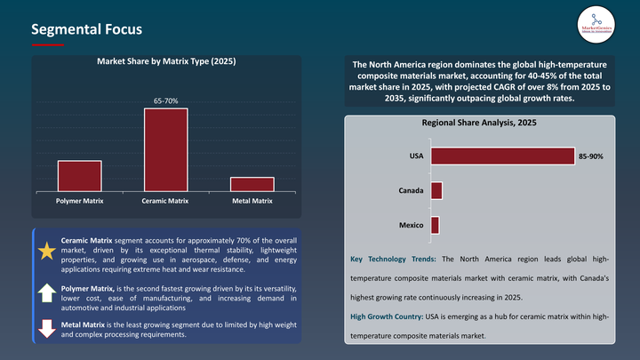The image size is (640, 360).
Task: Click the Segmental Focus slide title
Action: [86, 29]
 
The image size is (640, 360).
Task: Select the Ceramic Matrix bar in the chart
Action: [166, 148]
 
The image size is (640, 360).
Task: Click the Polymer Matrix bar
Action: [80, 175]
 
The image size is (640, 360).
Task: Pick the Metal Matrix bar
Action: [252, 183]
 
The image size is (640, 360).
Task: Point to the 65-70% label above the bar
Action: [166, 101]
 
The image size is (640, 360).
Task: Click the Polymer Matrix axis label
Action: [80, 201]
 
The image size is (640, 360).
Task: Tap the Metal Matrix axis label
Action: [252, 201]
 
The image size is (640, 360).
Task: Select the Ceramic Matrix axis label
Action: [166, 201]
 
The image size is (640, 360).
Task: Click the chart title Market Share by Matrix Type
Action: [166, 61]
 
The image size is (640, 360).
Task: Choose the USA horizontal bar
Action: [502, 156]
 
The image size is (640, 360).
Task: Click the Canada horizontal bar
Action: [436, 190]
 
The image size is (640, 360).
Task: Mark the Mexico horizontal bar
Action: [435, 225]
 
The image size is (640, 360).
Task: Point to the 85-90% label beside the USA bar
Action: [591, 156]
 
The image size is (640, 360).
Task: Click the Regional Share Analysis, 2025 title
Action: [480, 124]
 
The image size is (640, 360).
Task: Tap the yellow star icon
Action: [46, 252]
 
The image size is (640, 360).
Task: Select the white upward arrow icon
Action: [46, 292]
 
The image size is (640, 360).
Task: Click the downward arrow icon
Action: [46, 328]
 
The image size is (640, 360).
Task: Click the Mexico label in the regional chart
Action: [411, 225]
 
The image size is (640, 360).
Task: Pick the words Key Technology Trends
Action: [394, 259]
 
